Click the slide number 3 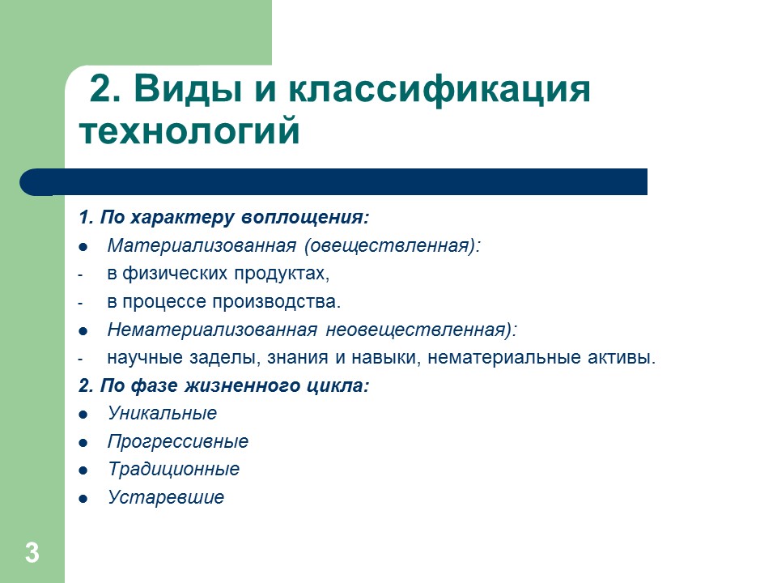click(32, 554)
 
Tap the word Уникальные click(162, 413)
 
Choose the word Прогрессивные click(177, 441)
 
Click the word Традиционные click(173, 470)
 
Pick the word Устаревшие click(165, 498)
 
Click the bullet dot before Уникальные click(83, 415)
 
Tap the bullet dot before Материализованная click(83, 247)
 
